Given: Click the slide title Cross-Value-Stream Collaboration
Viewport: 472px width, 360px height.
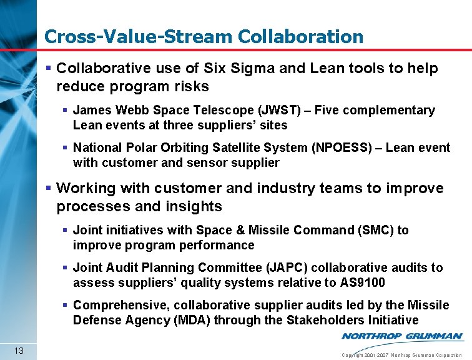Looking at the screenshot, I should pyautogui.click(x=204, y=37).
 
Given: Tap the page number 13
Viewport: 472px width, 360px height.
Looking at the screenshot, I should pyautogui.click(x=19, y=350).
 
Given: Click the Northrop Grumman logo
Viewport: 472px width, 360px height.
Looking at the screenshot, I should pyautogui.click(x=402, y=336).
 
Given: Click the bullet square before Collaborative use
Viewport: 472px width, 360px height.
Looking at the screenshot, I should pyautogui.click(x=49, y=69).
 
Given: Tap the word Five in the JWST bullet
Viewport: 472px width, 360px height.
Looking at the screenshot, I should pyautogui.click(x=328, y=111).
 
